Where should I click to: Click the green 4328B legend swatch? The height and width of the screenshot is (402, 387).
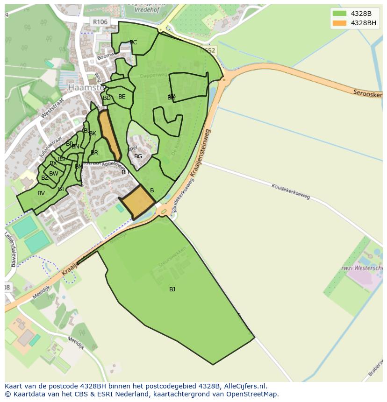point(340,14)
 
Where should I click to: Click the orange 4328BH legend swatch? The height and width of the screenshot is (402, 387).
point(340,23)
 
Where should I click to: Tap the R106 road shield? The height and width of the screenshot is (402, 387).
point(100,22)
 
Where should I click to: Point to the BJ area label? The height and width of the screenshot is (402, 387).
point(172,289)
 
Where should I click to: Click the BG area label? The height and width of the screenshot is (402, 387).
point(138,156)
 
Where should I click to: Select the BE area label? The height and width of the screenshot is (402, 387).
point(122,97)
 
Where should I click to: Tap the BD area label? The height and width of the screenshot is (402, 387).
point(107,98)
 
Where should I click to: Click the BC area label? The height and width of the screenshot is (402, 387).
point(133,42)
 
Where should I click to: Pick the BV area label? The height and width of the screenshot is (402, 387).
point(41,193)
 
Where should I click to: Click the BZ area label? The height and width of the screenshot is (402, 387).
point(44,178)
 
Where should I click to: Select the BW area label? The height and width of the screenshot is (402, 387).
point(54,174)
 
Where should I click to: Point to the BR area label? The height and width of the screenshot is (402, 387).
point(94,153)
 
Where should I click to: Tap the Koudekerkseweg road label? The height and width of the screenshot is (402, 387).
point(291,191)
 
